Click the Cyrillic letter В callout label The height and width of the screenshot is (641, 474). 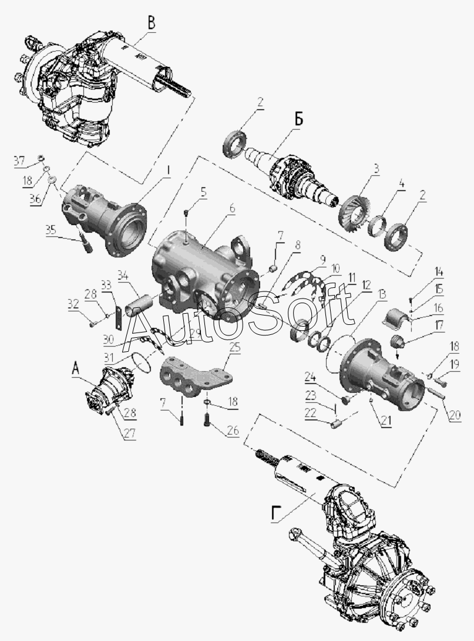point(152,23)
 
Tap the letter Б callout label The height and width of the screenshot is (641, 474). point(299,120)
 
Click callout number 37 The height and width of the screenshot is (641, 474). point(19,161)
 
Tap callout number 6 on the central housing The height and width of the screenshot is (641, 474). point(232,209)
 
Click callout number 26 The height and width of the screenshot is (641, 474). point(233,430)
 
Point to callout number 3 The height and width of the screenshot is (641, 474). point(375,168)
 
